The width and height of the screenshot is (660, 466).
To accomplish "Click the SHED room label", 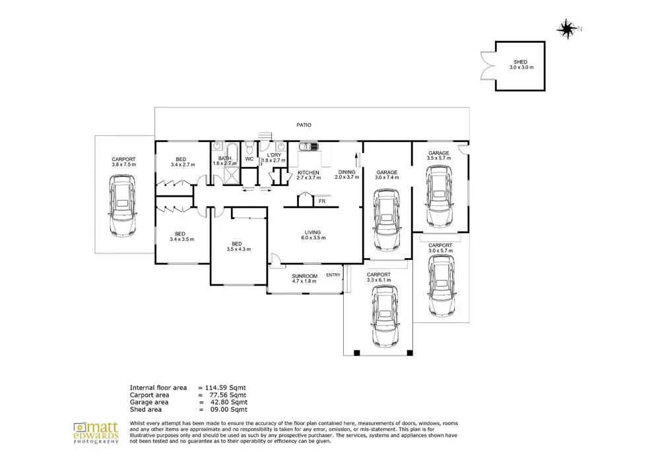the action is pos(521,62).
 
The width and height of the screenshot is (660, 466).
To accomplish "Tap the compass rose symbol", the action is pos(567,29).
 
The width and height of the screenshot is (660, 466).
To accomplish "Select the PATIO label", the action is pos(304,125).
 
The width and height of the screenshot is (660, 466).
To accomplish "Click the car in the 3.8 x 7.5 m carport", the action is pos(123,205).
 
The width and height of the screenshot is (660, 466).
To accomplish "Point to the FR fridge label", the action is pos(322,201).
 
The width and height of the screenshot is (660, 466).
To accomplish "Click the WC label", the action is pos(249,159).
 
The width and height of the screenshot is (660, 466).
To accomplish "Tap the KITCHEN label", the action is pos(308,172).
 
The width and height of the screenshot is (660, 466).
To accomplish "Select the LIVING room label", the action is pos(313,232).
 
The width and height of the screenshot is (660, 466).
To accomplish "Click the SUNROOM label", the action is pos(305,276).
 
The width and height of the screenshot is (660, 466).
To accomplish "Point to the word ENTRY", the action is pos(333,275).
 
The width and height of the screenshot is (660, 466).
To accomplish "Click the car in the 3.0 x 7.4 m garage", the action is pos(387,220).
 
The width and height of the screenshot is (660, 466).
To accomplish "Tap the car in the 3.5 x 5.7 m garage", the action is pos(440,196).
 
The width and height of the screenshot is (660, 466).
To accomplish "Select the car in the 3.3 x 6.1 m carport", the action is pos(385,316).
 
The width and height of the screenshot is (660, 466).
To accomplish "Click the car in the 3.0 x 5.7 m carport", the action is pos(442,286).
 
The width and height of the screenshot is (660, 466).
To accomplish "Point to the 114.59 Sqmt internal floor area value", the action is pos(226,387).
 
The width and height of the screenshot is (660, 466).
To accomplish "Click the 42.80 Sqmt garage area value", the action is pos(229,402).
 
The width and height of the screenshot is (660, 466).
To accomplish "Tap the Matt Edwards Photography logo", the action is pos(96,433).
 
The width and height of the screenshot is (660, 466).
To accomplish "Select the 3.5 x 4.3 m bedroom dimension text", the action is pos(239,250).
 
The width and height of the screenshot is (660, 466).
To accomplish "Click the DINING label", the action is pos(347,172).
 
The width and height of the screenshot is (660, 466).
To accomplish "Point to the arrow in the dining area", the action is pos(357,160).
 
